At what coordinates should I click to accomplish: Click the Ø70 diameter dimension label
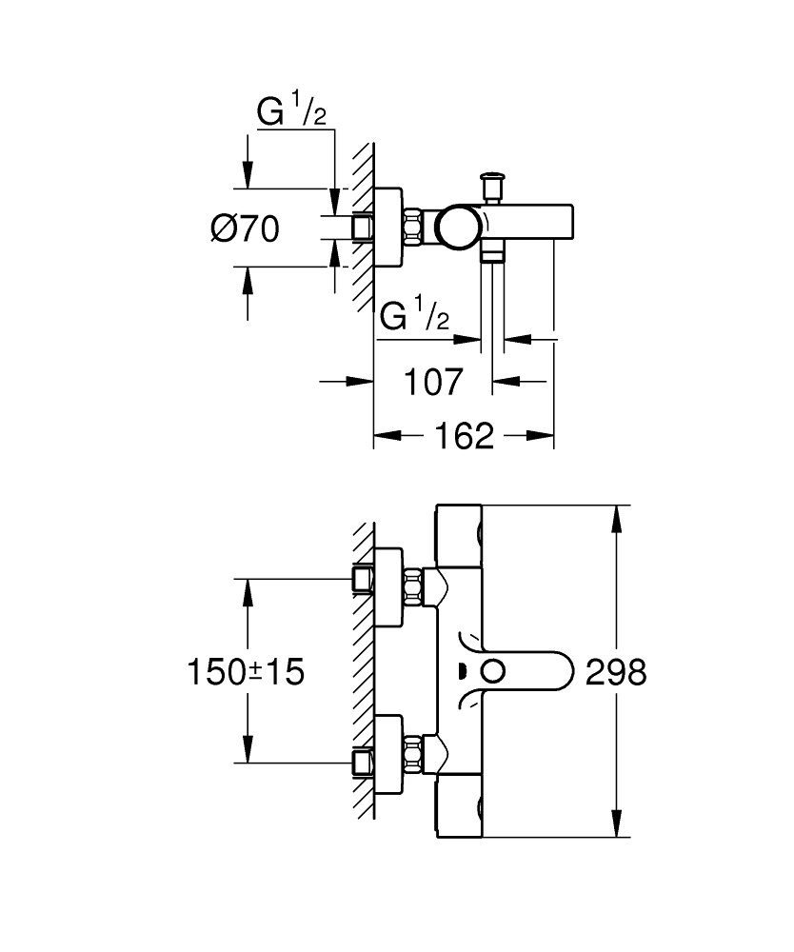(x=245, y=228)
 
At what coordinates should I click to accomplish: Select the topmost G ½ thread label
(x=292, y=113)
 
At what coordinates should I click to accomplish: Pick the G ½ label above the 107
(x=414, y=316)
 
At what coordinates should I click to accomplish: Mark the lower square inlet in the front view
(x=363, y=762)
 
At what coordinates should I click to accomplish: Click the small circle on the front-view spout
(x=492, y=671)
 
